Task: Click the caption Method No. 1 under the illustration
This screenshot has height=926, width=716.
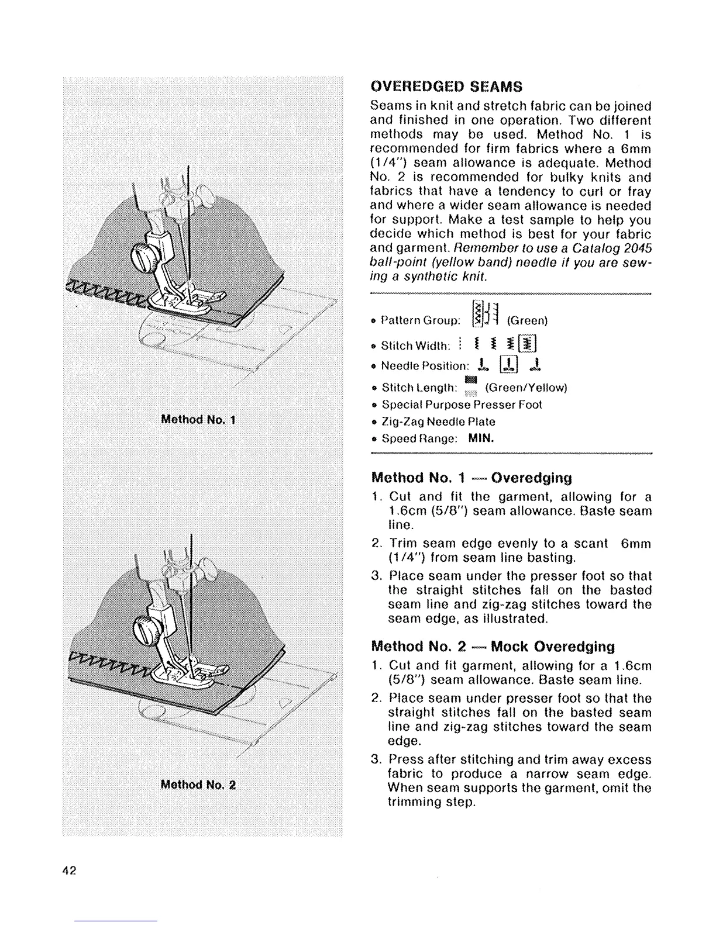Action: pyautogui.click(x=198, y=420)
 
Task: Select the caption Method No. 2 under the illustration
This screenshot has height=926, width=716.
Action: pyautogui.click(x=198, y=785)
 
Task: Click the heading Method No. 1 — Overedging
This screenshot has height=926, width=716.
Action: pyautogui.click(x=471, y=478)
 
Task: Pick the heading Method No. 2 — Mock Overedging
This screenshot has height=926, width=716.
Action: pyautogui.click(x=493, y=647)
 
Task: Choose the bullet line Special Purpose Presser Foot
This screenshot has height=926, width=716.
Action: pyautogui.click(x=462, y=405)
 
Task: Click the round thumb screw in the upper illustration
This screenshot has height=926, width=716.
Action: pyautogui.click(x=142, y=256)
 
